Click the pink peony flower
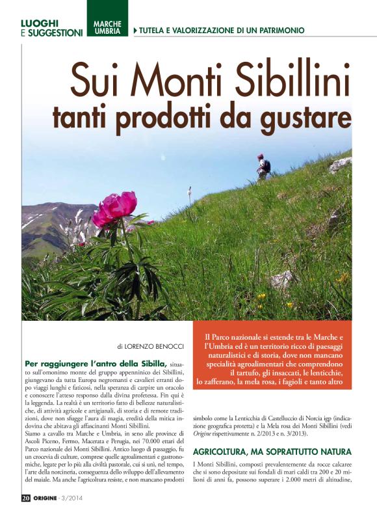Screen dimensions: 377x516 click(115, 208)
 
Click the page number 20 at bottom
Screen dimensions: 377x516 click(25, 498)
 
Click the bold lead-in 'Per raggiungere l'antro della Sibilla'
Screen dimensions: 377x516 click(95, 362)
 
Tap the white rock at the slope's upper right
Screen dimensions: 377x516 click(341, 164)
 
